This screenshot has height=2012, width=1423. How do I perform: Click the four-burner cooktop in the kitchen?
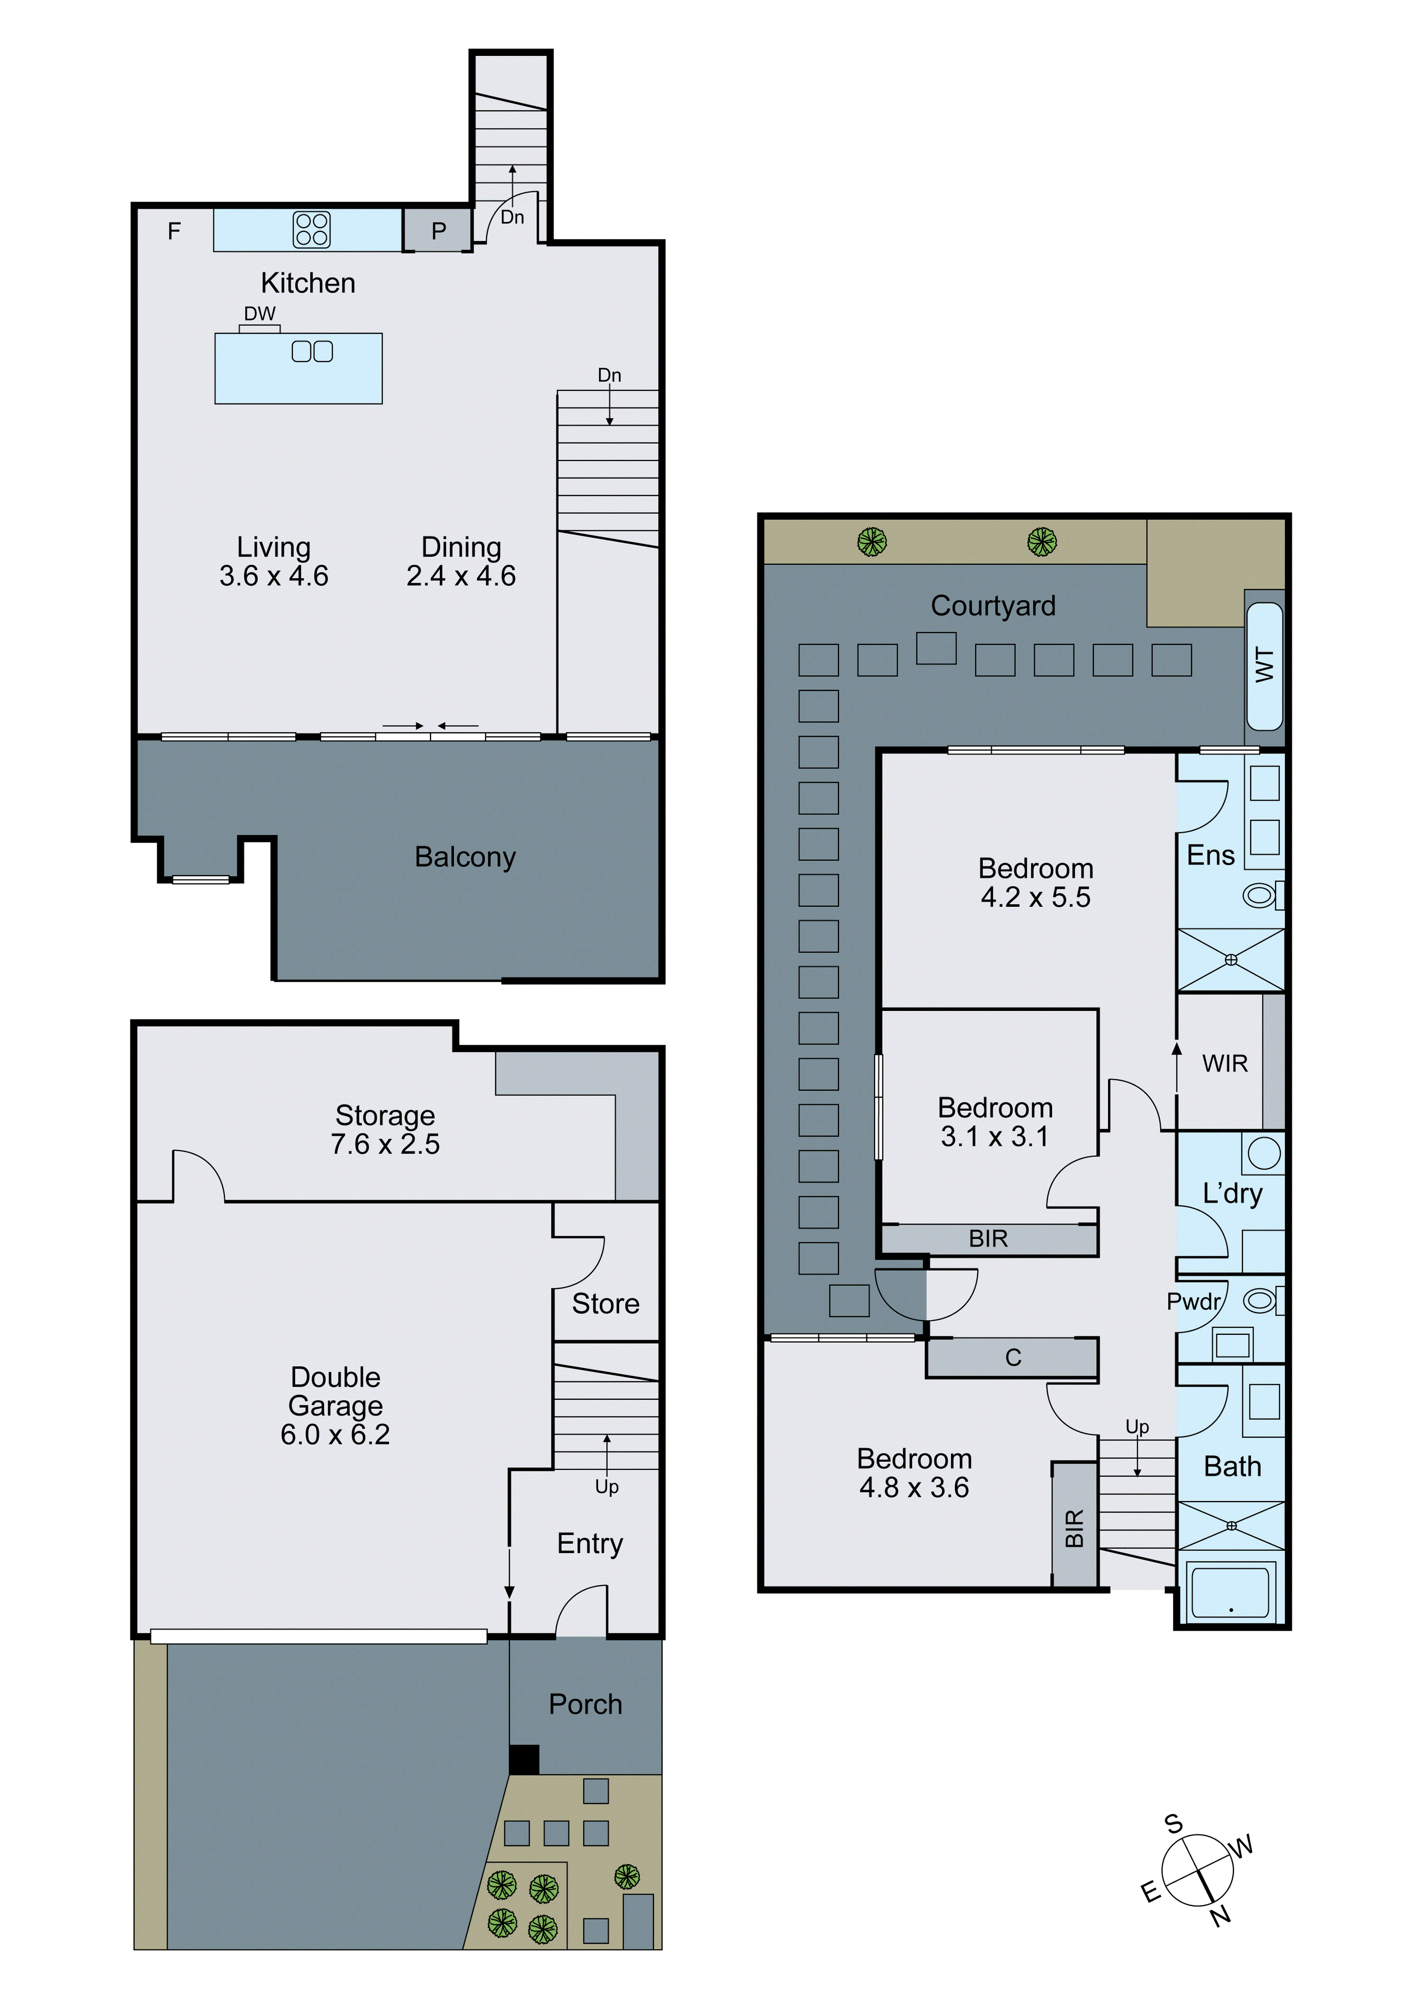pos(311,230)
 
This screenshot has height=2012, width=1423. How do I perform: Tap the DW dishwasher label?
pos(259,314)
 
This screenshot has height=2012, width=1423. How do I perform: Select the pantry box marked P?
pos(438,230)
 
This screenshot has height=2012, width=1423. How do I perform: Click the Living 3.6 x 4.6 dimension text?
pos(274,576)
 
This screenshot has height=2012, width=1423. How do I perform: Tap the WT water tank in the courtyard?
pos(1264,666)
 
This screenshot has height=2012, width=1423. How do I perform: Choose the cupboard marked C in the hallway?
pos(1013,1358)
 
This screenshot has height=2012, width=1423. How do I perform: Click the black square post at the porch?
pos(524,1759)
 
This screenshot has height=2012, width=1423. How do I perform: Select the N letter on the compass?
pos(1220,1917)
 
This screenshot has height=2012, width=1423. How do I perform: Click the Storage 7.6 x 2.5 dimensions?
pos(385,1144)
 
